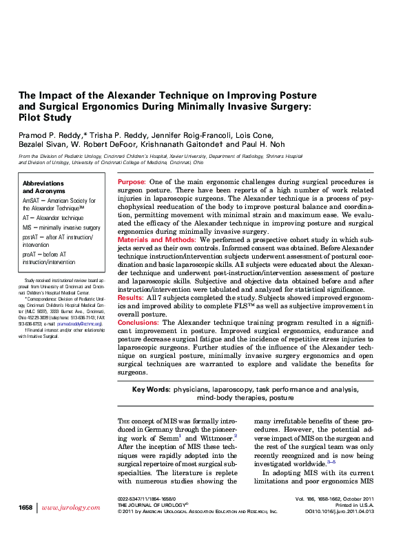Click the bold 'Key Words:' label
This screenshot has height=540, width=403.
[x=151, y=390]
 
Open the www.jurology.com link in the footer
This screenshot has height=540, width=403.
[x=71, y=508]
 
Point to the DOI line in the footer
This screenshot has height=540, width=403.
[x=339, y=511]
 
